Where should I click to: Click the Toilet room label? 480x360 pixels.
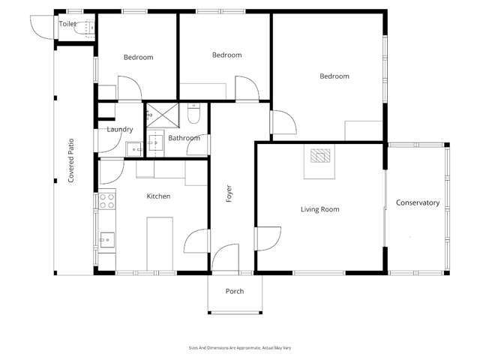point(67,23)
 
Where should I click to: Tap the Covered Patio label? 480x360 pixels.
point(71,160)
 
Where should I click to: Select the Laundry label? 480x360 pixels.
point(120,130)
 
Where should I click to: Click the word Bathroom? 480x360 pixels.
point(184,138)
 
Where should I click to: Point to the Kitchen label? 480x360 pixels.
point(158,196)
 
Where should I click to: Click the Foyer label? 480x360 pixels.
point(229,193)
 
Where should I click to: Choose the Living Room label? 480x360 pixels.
point(320,209)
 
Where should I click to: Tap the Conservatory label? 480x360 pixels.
point(418,202)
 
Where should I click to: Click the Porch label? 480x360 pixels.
point(235,291)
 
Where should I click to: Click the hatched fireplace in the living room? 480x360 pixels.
point(320,155)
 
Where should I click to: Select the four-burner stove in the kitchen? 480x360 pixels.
point(106,201)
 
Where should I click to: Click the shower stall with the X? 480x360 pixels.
point(163,115)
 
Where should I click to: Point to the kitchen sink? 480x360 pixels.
point(107,240)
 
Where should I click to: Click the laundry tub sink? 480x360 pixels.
point(134,149)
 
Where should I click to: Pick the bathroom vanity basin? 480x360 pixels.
point(156,143)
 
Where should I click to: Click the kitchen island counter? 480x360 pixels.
point(160,244)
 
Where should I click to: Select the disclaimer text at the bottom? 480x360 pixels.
point(240,348)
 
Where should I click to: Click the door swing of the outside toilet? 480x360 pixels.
point(43,28)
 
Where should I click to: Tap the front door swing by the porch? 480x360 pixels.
point(225,258)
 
